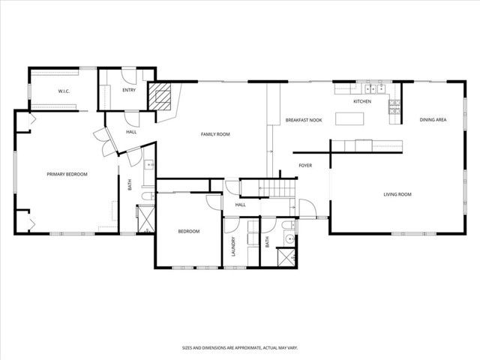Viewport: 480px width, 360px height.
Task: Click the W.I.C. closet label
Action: [x=64, y=91]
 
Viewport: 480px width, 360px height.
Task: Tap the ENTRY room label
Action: [x=128, y=90]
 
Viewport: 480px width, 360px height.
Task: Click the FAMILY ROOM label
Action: [x=214, y=134]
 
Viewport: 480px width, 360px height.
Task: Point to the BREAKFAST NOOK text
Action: [x=304, y=120]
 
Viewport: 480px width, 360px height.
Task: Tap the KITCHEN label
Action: [x=362, y=101]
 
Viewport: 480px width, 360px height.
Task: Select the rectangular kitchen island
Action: [x=349, y=118]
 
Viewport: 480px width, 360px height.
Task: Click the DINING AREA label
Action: [x=433, y=120]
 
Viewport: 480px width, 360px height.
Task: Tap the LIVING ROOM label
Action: [x=397, y=195]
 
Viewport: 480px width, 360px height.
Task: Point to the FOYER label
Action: [x=305, y=165]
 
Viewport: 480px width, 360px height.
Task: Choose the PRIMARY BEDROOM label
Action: [x=67, y=174]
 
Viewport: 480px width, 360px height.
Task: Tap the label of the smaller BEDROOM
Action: [x=188, y=231]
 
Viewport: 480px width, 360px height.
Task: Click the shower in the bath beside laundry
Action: [x=285, y=257]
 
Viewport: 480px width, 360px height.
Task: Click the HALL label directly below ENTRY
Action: [x=131, y=132]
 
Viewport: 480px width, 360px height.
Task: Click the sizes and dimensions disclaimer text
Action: [x=240, y=348]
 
